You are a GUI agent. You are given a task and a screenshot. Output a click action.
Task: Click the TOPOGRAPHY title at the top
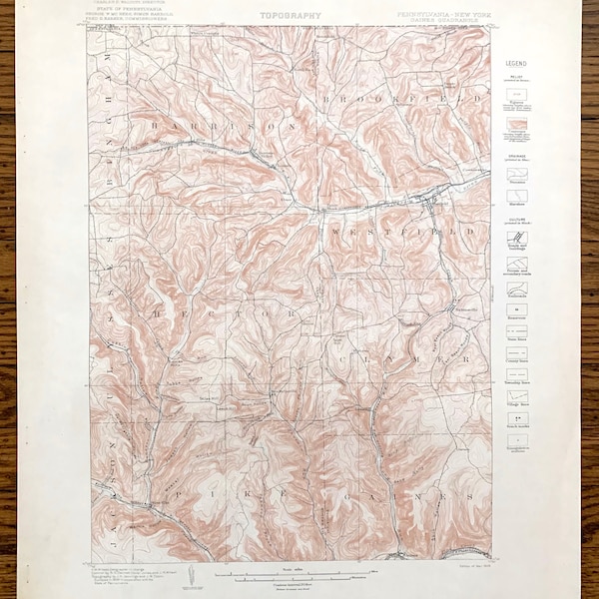point(286,15)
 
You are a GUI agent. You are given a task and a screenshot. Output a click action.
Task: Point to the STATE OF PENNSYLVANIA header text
point(130,15)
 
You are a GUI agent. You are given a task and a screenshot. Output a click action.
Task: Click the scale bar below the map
point(290,574)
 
